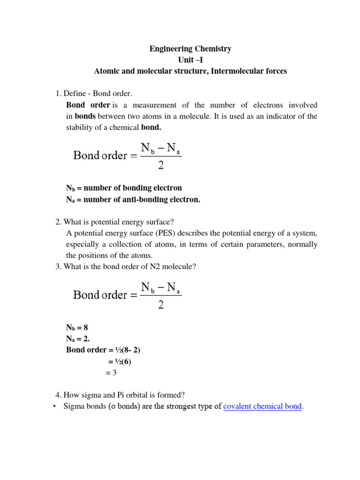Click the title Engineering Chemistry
(x=190, y=49)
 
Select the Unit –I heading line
(x=190, y=60)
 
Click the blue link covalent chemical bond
(x=262, y=406)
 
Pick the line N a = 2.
(x=78, y=338)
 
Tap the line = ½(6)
(x=120, y=361)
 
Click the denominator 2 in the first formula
(x=161, y=166)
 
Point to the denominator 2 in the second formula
(x=161, y=305)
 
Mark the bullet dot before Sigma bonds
(x=55, y=406)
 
